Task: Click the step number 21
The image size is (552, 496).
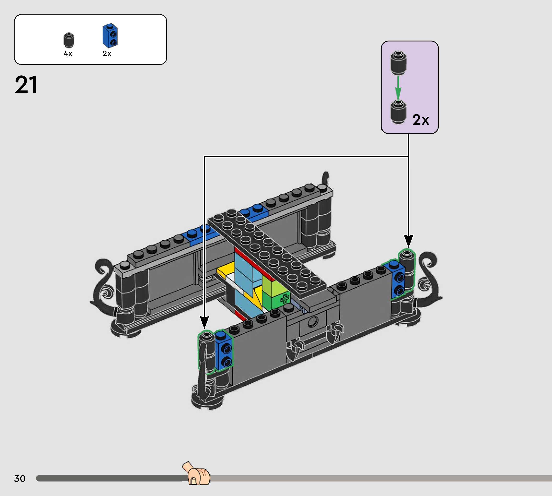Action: click(26, 85)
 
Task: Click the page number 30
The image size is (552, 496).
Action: click(20, 478)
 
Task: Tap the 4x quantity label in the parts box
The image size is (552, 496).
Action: click(68, 54)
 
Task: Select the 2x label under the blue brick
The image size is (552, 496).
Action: click(107, 54)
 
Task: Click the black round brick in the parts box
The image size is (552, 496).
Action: click(69, 40)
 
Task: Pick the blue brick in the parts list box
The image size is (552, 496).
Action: click(110, 36)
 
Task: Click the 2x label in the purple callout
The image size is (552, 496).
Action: click(421, 120)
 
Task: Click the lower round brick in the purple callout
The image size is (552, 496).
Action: click(398, 112)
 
